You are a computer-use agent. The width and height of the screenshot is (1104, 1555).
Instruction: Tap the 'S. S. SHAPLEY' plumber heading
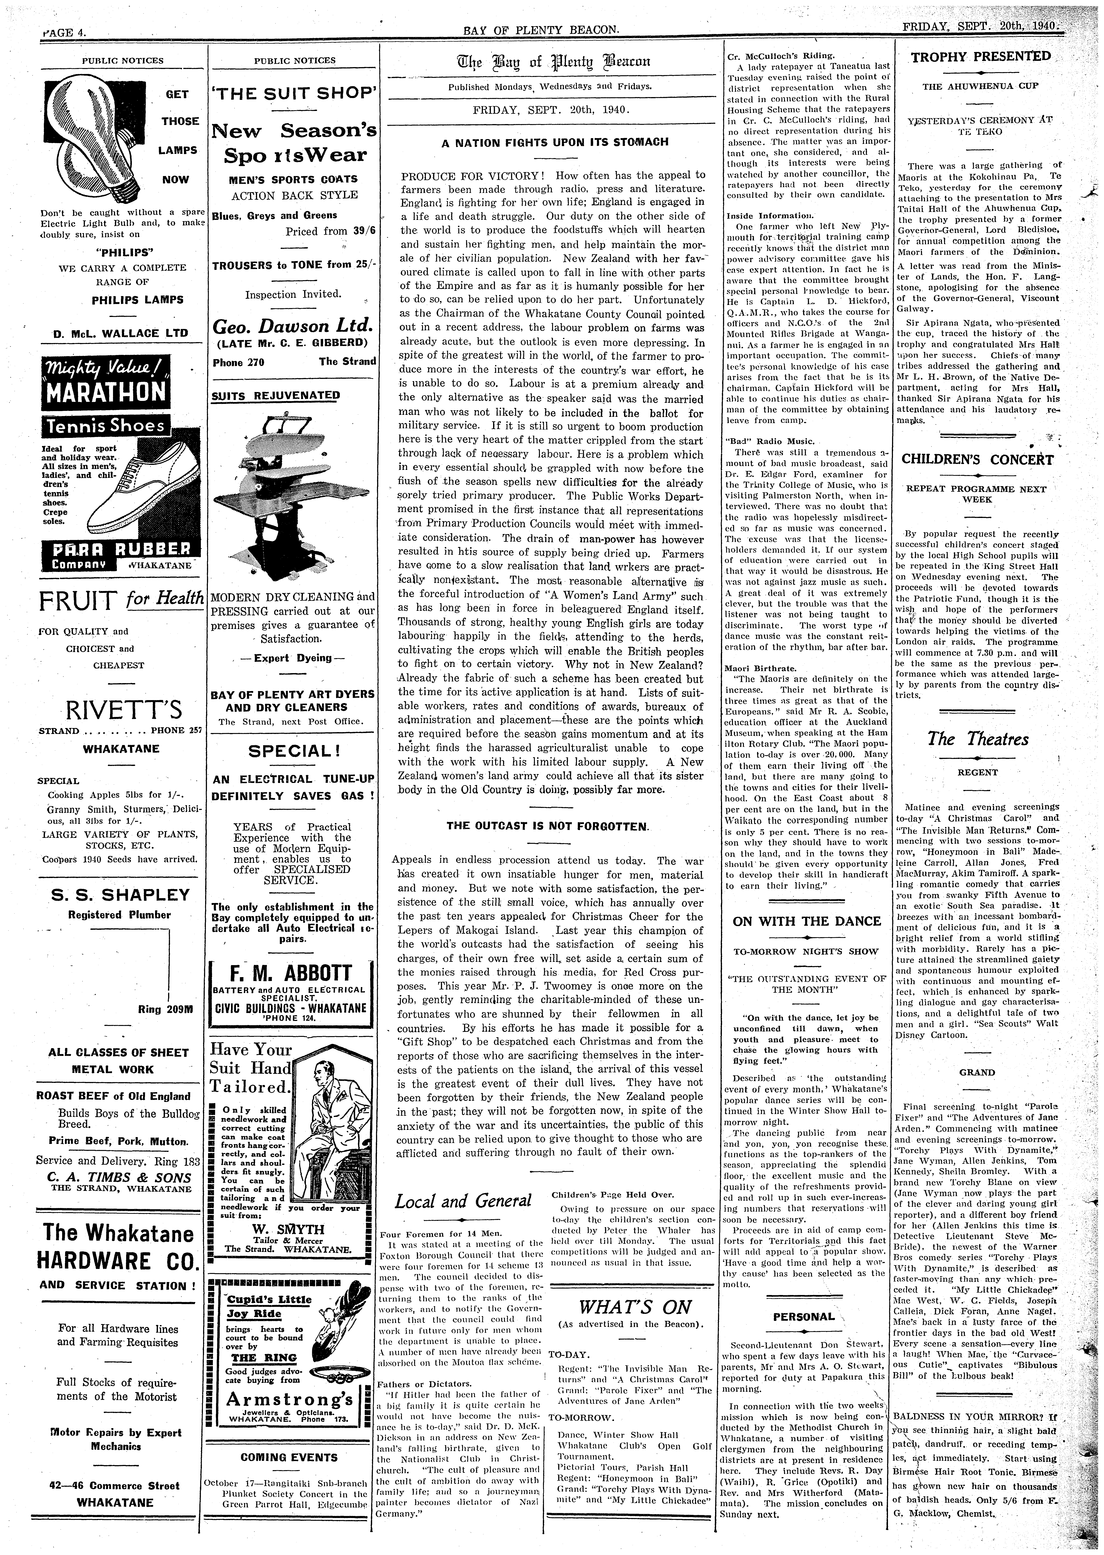click(121, 894)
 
